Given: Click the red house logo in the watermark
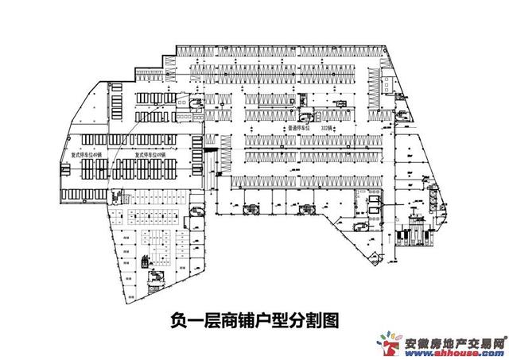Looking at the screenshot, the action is pyautogui.click(x=391, y=344).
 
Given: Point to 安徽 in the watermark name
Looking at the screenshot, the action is pyautogui.click(x=418, y=343).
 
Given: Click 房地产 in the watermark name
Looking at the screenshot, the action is pyautogui.click(x=455, y=343).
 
